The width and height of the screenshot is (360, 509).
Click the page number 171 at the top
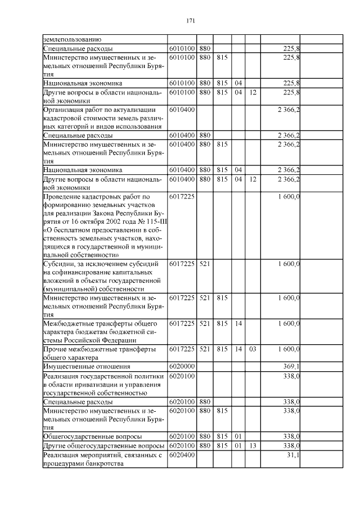pyautogui.click(x=190, y=21)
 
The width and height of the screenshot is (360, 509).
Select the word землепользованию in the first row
pyautogui.click(x=72, y=39)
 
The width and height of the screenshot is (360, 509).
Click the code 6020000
pyautogui.click(x=182, y=366)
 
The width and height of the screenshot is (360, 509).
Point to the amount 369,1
pyautogui.click(x=290, y=366)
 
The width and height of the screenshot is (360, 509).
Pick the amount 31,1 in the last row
pyautogui.click(x=292, y=455)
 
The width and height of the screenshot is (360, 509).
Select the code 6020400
pyautogui.click(x=182, y=455)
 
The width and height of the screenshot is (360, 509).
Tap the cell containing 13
pyautogui.click(x=253, y=445)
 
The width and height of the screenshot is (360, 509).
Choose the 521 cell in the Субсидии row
pyautogui.click(x=205, y=263)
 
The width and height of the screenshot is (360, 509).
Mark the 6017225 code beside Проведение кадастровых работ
pyautogui.click(x=182, y=197)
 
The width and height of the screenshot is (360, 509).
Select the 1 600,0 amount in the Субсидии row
pyautogui.click(x=289, y=263)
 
